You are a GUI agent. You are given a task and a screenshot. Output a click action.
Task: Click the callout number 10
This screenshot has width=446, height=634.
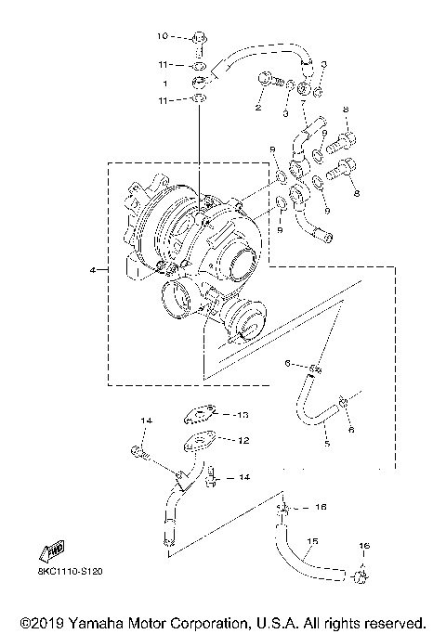pos(160,37)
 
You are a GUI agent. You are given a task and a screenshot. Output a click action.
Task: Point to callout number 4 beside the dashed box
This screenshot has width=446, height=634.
pos(93,270)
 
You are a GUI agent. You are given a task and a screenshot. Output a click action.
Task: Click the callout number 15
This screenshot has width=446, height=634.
pos(312,541)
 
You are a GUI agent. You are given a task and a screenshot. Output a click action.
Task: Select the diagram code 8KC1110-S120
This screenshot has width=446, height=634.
pos(69,573)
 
